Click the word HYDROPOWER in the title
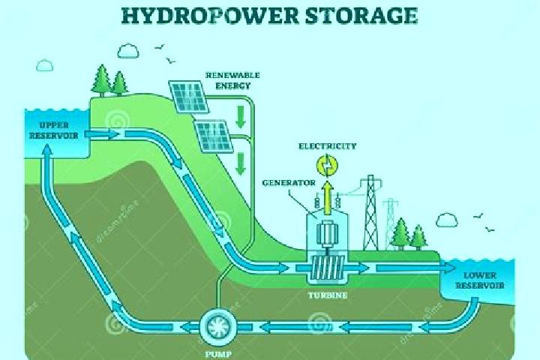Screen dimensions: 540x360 point(210,16)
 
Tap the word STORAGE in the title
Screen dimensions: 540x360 point(362,16)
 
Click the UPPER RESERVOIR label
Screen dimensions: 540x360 point(54,130)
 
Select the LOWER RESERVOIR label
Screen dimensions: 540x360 point(480,280)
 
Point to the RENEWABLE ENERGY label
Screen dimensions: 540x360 point(232,80)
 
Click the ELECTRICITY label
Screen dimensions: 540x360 point(327,146)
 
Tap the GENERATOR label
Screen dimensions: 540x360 point(289,182)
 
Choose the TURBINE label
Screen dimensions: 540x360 point(328,295)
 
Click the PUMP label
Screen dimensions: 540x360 point(218,354)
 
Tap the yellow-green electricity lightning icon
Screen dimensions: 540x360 point(327,165)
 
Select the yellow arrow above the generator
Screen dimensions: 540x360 point(328,197)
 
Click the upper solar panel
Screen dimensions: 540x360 point(188,97)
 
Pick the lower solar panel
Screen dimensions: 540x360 point(214,136)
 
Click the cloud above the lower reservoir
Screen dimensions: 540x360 point(447,220)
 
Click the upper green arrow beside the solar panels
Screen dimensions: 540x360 point(241,116)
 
